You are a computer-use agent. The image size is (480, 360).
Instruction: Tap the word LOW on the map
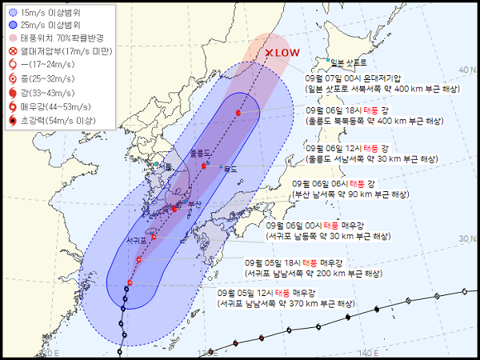(290, 53)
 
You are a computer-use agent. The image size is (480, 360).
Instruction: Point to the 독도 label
(230, 169)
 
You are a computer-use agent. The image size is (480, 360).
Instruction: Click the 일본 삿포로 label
(348, 62)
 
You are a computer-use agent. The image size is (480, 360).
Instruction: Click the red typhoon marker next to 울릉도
(204, 166)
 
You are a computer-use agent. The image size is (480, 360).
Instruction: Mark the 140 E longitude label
(368, 352)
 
